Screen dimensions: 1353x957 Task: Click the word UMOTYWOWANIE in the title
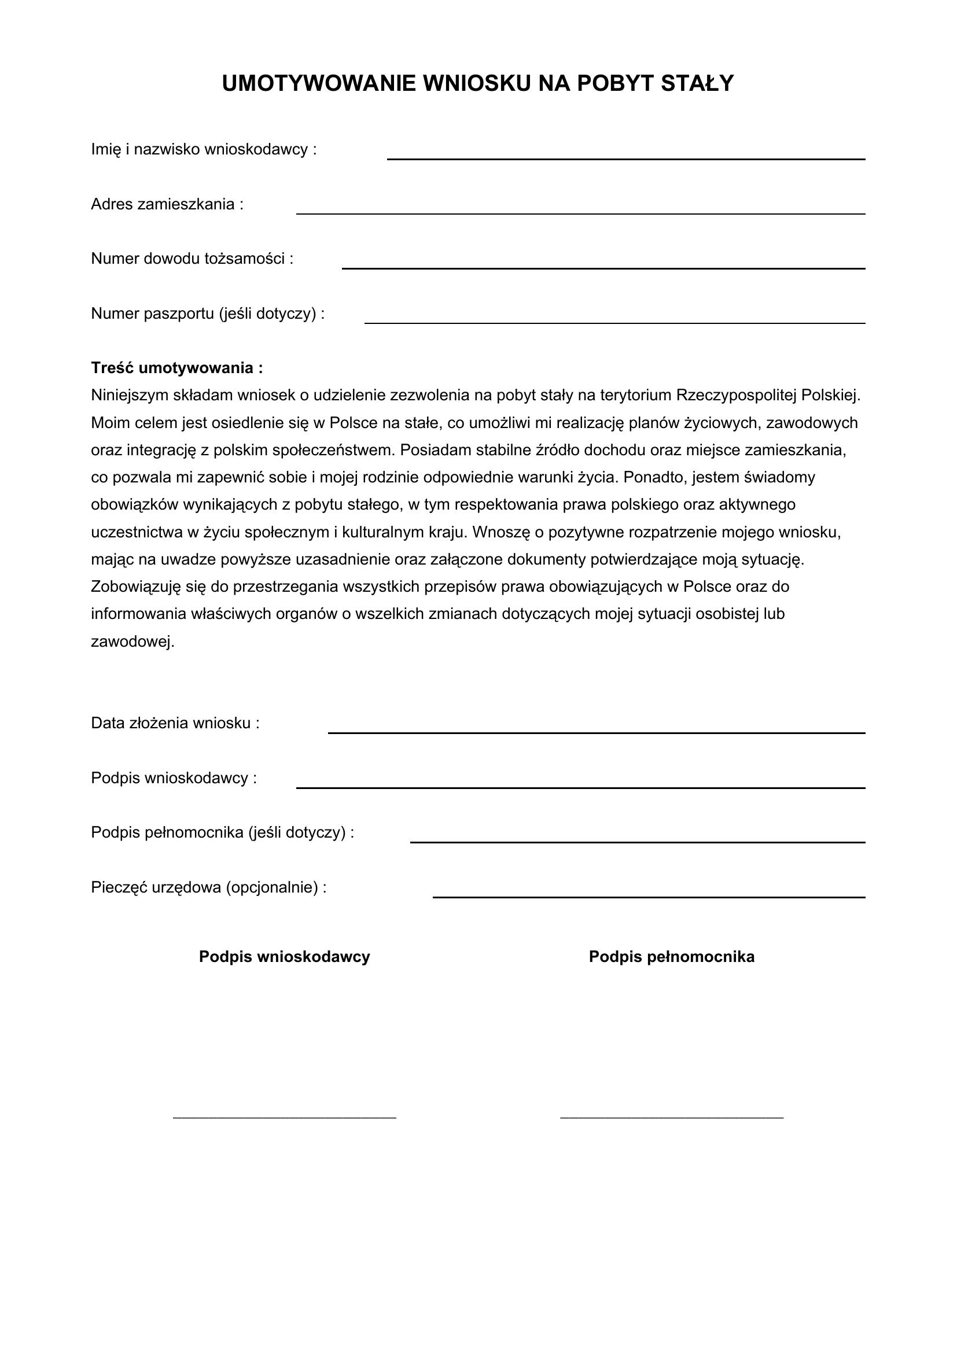[x=319, y=84]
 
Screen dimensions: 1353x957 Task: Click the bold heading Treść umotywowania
[x=177, y=368]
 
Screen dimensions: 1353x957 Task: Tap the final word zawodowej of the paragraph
[x=132, y=642]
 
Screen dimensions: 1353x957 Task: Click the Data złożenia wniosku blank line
[x=597, y=732]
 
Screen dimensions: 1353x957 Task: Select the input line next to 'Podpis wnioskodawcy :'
[x=580, y=787]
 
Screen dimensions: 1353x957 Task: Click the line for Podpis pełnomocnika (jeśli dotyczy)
[x=638, y=842]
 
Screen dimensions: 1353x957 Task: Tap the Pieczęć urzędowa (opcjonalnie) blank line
[x=649, y=896]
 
